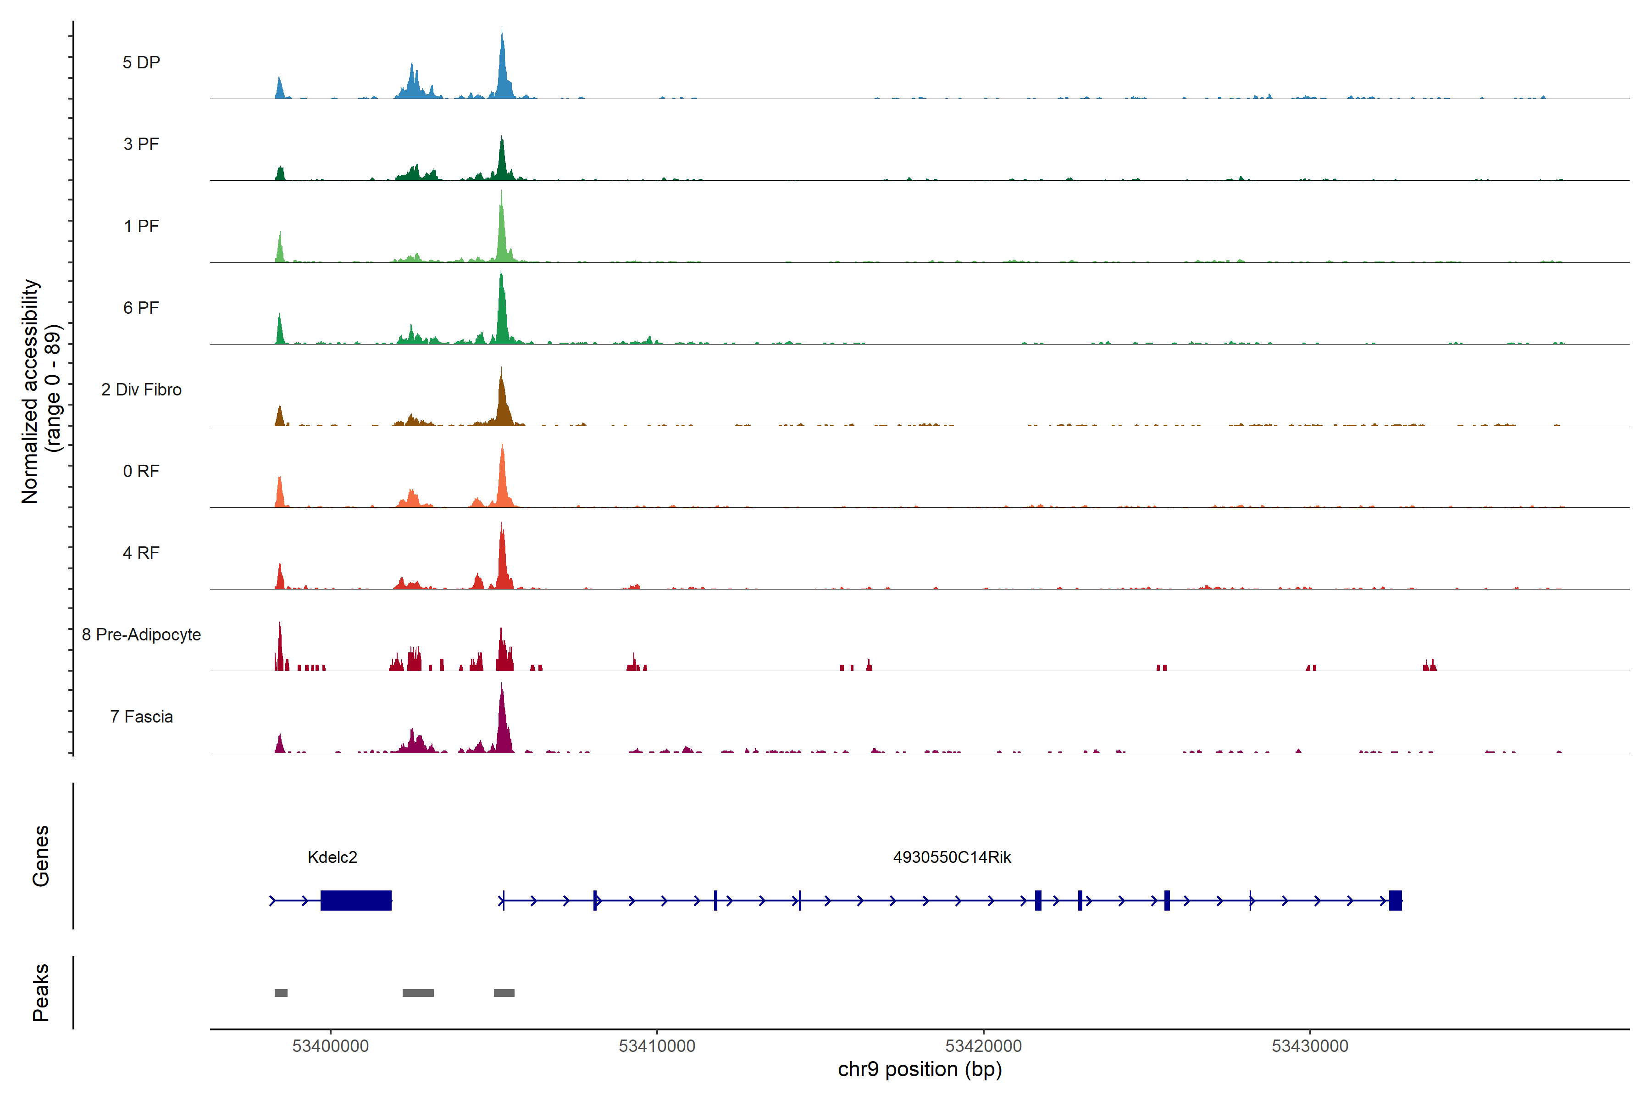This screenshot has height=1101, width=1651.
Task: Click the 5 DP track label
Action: pyautogui.click(x=141, y=62)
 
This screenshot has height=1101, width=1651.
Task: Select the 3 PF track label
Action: pyautogui.click(x=141, y=144)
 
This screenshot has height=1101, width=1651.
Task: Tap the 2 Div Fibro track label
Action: pyautogui.click(x=141, y=389)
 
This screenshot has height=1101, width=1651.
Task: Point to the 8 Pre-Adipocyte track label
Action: pyautogui.click(x=141, y=635)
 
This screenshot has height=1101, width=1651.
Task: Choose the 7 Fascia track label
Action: pyautogui.click(x=141, y=717)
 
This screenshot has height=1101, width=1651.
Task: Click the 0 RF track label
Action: pyautogui.click(x=141, y=471)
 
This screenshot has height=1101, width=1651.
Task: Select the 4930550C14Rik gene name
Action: pyautogui.click(x=952, y=857)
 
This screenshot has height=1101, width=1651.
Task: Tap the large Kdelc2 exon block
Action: pyautogui.click(x=356, y=900)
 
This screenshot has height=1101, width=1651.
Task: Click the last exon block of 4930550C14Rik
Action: pyautogui.click(x=1396, y=900)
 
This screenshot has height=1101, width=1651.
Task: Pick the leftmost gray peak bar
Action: pyautogui.click(x=281, y=993)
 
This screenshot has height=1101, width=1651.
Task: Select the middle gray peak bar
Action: pyautogui.click(x=418, y=993)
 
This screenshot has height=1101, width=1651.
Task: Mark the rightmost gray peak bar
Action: pyautogui.click(x=504, y=993)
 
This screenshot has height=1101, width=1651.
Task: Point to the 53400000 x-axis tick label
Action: pyautogui.click(x=331, y=1046)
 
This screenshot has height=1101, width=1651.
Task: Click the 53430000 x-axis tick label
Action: pyautogui.click(x=1310, y=1046)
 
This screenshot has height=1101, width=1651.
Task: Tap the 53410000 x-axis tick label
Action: pyautogui.click(x=657, y=1046)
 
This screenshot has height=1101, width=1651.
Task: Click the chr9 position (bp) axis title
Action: pyautogui.click(x=920, y=1069)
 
